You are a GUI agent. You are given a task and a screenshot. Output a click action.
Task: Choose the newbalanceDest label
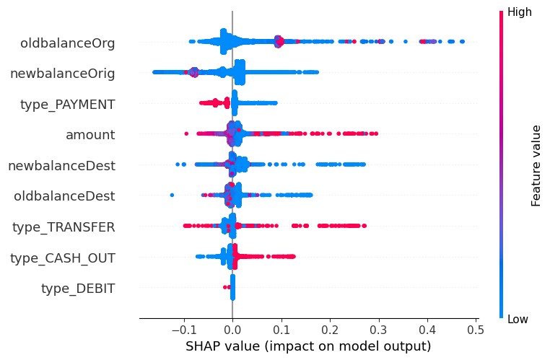coord(61,166)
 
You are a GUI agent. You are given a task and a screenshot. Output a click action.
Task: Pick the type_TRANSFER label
coord(64,227)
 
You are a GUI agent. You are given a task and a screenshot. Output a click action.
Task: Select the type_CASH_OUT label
coord(63,258)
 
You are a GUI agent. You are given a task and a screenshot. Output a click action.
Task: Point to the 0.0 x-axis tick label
coord(232,329)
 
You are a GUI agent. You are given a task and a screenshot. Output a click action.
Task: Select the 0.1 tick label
coord(281,329)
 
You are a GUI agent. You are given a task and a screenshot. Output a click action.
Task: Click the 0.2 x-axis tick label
coord(330,329)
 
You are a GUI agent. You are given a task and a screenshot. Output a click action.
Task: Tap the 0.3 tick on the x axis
coord(379,329)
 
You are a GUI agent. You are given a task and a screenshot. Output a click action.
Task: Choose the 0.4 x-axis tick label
coord(427,329)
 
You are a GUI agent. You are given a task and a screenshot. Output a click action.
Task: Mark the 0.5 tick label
coord(476,329)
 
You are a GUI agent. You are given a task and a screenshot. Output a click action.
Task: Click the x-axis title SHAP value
coord(308,346)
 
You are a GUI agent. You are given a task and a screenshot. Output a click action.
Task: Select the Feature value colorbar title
coord(536,165)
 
